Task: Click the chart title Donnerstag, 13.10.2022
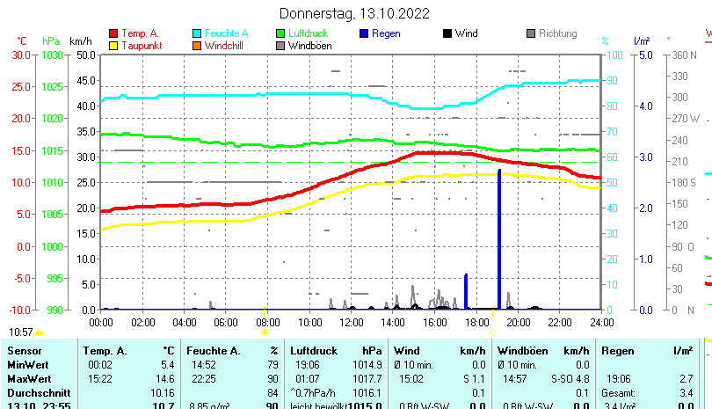[354, 13]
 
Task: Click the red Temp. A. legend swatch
[113, 33]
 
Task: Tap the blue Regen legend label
[386, 33]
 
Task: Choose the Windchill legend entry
[225, 46]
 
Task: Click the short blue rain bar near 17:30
[466, 291]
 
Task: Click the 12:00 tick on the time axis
[351, 322]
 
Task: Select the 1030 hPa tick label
[52, 55]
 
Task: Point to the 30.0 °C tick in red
[21, 55]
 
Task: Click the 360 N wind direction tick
[685, 55]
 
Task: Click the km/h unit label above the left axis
[80, 40]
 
